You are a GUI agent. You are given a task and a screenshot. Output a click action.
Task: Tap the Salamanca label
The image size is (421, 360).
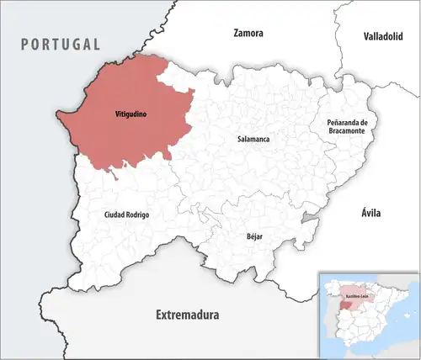coord(253,138)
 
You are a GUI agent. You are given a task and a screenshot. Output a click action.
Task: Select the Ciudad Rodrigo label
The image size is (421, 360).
coord(126,215)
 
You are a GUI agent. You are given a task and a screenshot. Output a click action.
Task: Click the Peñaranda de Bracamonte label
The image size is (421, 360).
coord(348,129)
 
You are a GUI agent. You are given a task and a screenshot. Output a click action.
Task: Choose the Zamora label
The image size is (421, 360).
coord(248,34)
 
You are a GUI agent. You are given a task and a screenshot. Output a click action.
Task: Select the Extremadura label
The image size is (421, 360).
coord(187,315)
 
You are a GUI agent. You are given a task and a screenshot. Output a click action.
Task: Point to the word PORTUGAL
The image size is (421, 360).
coord(61,44)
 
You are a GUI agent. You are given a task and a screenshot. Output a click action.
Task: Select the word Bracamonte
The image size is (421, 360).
coord(348,134)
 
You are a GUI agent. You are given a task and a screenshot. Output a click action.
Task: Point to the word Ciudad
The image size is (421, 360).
coord(115,215)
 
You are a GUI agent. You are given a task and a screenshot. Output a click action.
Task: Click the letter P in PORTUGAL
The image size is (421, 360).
coord(25,44)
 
